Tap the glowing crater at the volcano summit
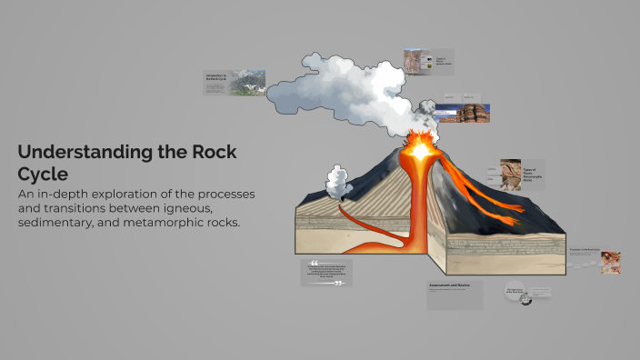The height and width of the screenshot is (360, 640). (420, 147)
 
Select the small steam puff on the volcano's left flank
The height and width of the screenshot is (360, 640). (339, 183)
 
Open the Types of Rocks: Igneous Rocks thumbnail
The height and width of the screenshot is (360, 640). (429, 62)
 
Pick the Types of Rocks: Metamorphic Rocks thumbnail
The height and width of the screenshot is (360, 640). (522, 174)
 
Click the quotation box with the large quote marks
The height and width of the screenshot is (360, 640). (326, 273)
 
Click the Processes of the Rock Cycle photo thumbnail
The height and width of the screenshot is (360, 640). (610, 262)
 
